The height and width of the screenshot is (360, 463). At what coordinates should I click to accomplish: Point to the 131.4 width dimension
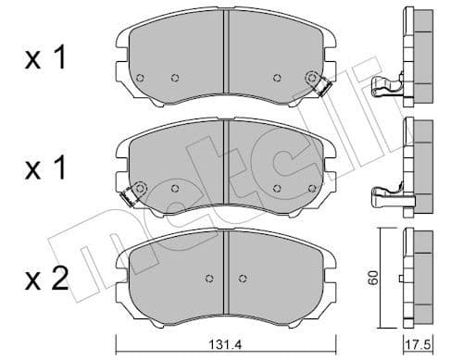tap(221, 345)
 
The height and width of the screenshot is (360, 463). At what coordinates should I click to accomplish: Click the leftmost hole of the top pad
tap(139, 78)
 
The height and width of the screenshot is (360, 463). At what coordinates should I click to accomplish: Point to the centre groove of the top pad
tap(227, 60)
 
